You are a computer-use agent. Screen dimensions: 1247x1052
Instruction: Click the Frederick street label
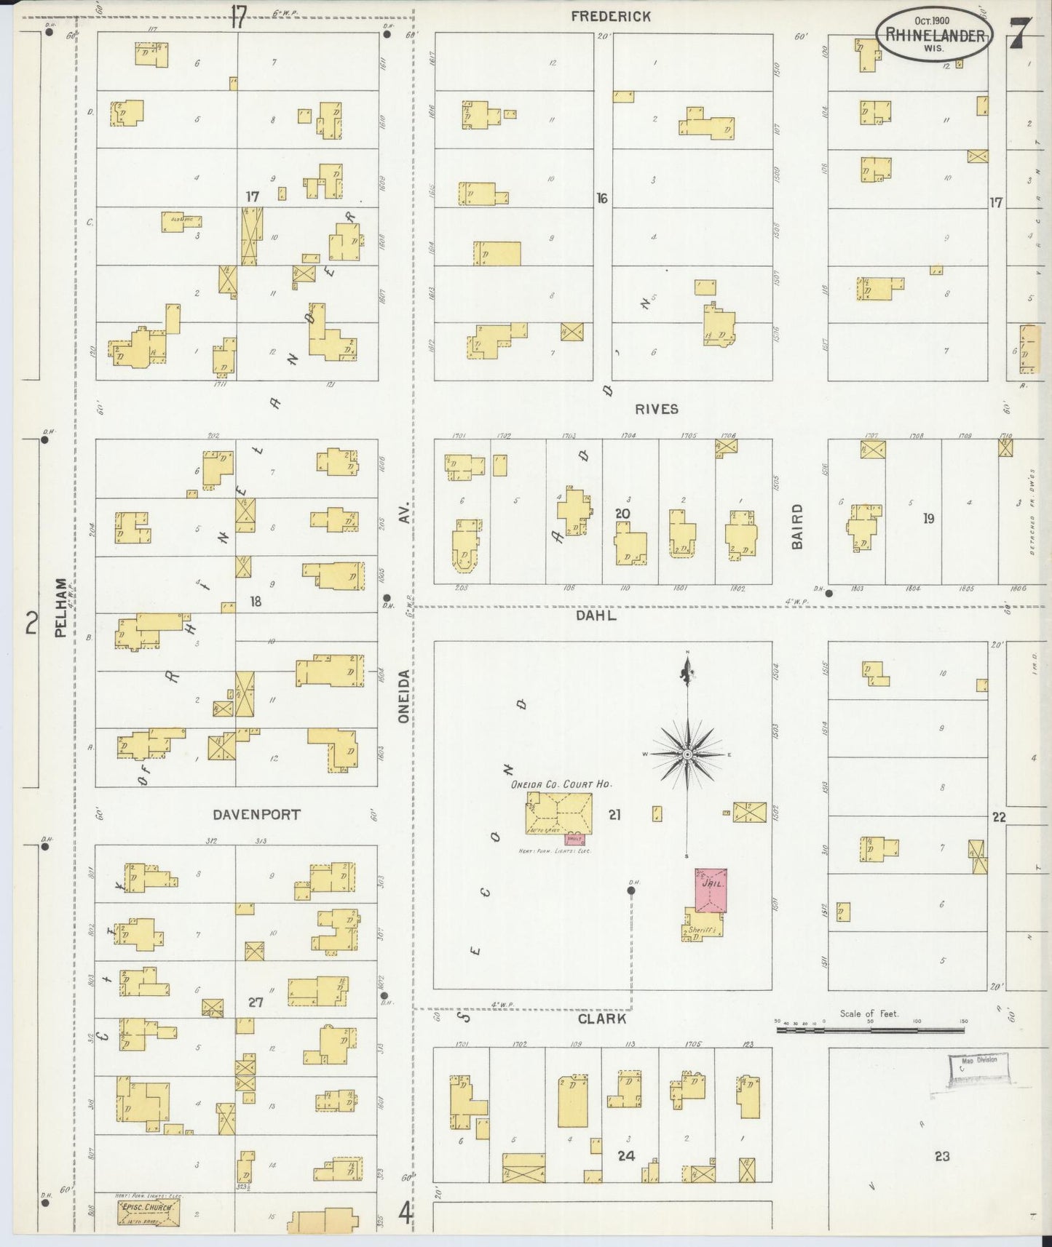[610, 16]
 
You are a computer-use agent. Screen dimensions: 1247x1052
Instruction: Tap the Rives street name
[656, 409]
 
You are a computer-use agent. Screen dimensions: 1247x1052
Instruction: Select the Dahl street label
[596, 615]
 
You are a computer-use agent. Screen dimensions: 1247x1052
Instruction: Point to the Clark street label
[601, 1019]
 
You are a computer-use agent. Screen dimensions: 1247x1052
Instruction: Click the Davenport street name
[256, 815]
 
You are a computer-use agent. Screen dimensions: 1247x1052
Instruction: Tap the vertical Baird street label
[797, 526]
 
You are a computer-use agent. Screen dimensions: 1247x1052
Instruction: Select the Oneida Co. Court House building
[559, 813]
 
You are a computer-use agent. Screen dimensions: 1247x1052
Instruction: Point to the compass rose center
[687, 755]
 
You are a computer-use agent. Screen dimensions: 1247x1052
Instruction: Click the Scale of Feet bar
[870, 1029]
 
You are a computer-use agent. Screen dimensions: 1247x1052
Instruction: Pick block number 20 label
[622, 514]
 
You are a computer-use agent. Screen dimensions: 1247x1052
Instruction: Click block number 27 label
[255, 1003]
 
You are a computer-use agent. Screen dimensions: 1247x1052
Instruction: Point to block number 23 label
[941, 1156]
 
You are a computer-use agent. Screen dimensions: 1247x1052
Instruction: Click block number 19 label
[928, 519]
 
